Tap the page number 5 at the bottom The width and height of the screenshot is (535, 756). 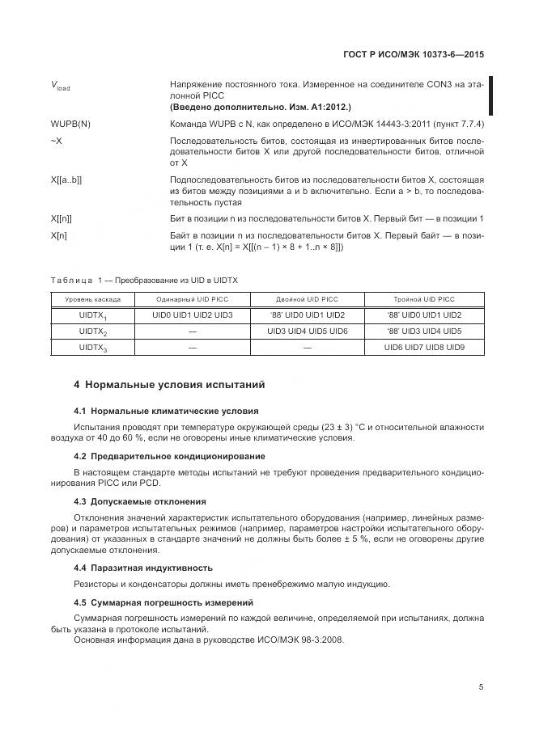(x=481, y=687)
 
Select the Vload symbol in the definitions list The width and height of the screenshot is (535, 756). (x=60, y=86)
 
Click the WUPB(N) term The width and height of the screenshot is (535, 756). (x=70, y=124)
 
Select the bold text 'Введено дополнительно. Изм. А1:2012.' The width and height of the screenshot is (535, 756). (x=260, y=107)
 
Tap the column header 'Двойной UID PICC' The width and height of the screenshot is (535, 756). (x=308, y=298)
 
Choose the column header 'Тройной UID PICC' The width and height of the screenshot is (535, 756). (x=424, y=298)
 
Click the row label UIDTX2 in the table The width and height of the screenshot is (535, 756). (x=93, y=332)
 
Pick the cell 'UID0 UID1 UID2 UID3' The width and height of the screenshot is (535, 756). (x=193, y=315)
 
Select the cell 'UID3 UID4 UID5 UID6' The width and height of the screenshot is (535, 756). (x=308, y=332)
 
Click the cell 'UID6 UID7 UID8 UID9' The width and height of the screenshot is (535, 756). (x=424, y=348)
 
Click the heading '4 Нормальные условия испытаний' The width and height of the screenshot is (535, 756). (x=169, y=384)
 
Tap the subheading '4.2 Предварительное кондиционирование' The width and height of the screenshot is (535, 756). (x=169, y=457)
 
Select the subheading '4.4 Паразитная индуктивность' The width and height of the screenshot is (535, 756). (x=143, y=568)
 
